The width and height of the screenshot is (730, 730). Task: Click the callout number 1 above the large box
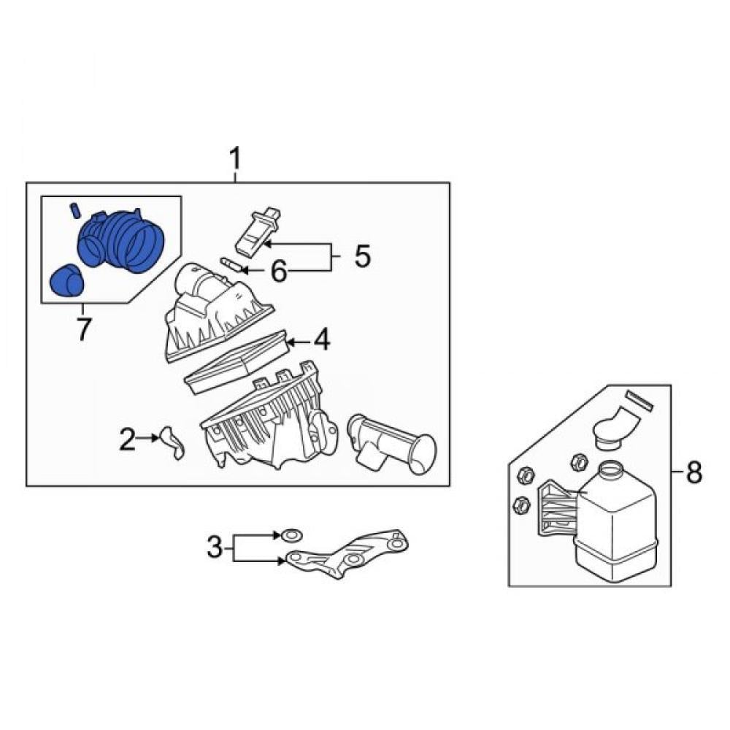[x=236, y=158]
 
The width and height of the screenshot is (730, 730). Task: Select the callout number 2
[x=127, y=439]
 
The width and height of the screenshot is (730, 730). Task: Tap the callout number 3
[x=215, y=547]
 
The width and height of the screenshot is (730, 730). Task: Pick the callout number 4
[x=322, y=340]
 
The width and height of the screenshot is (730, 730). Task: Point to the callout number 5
[x=362, y=256]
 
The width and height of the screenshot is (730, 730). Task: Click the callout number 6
[x=279, y=272]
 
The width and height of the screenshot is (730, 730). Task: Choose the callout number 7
[x=83, y=329]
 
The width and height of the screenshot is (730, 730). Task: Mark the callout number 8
[x=693, y=473]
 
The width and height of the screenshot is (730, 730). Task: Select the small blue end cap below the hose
[x=66, y=280]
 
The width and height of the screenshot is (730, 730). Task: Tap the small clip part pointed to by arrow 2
[x=172, y=442]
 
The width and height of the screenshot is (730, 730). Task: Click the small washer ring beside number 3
[x=291, y=536]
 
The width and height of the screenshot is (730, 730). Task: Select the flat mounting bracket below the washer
[x=347, y=553]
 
